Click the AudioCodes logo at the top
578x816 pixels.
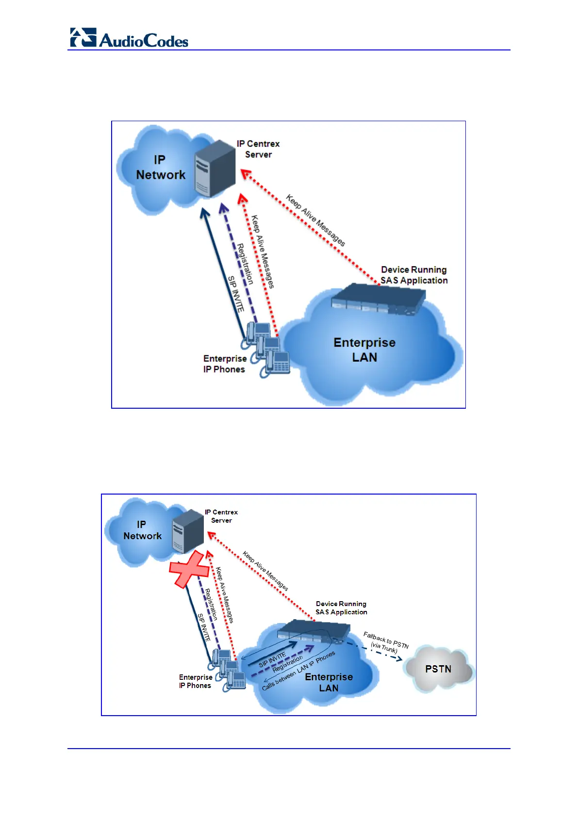tap(129, 38)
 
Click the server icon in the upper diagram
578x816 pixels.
tap(215, 168)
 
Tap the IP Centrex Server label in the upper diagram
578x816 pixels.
tap(258, 149)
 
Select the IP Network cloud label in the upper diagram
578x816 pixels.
tap(160, 168)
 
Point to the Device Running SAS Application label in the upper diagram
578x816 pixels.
tap(414, 275)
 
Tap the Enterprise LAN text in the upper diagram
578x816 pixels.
tap(364, 350)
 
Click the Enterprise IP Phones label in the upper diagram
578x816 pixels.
tap(225, 364)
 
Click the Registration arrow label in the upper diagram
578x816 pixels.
tap(245, 264)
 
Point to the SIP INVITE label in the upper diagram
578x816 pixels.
tap(235, 294)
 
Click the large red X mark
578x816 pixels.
tap(189, 569)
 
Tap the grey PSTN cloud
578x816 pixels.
tap(438, 669)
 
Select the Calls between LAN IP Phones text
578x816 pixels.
tap(298, 671)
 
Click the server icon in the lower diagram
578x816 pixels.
tap(188, 532)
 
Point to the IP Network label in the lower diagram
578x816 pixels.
tap(142, 530)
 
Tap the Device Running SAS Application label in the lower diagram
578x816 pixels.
tap(341, 608)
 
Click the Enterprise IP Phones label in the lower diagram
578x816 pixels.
tap(195, 681)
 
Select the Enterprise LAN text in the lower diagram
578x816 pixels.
tap(329, 682)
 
